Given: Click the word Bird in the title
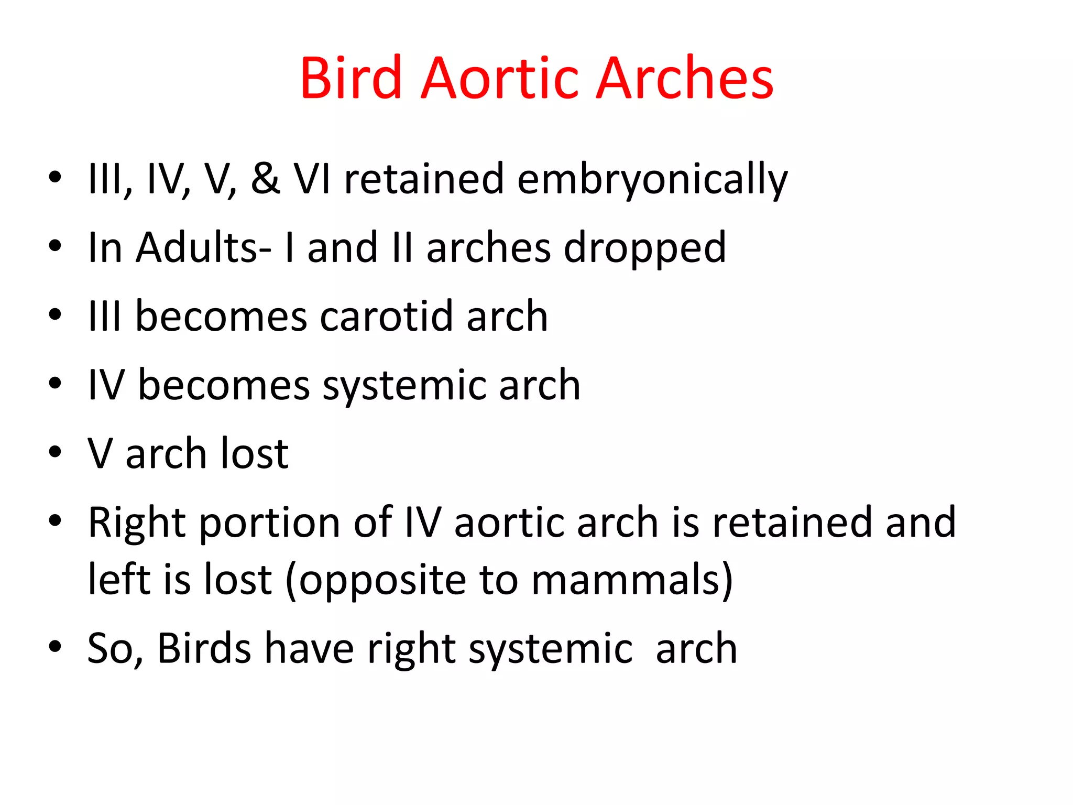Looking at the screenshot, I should coord(351,79).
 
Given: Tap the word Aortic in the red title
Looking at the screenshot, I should coord(500,79).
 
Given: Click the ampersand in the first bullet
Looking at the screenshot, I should coord(265,179).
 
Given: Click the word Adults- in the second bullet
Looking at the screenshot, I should coord(203,247).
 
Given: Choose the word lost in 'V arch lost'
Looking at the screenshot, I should coord(255,453).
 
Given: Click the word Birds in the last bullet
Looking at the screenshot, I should coord(204,649).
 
